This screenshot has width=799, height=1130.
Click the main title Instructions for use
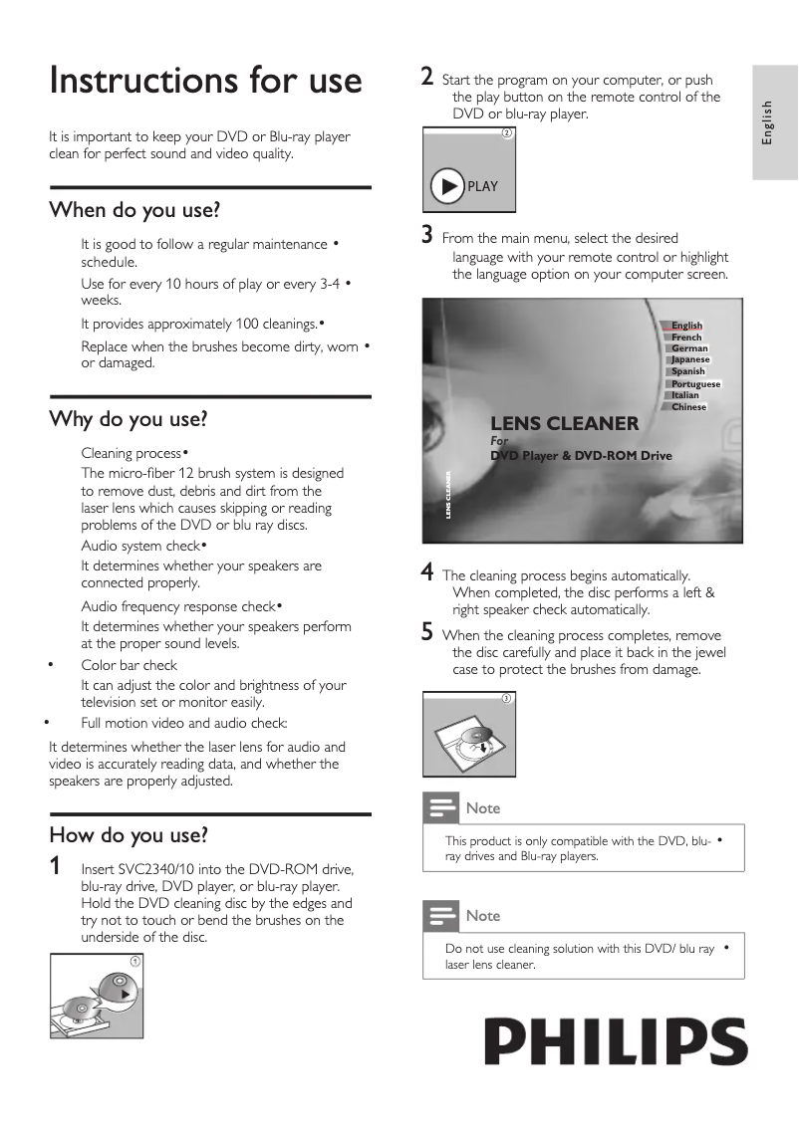(205, 80)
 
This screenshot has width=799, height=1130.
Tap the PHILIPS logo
(616, 1042)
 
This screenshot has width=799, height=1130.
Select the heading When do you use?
(134, 210)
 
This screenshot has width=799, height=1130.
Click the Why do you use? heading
(129, 419)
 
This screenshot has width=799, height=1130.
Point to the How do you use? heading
(129, 834)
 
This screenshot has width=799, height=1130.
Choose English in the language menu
(686, 326)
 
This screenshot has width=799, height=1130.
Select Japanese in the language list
(690, 359)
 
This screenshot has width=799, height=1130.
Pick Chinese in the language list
(688, 406)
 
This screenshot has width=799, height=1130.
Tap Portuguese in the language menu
(695, 383)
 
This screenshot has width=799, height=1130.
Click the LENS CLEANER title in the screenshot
(564, 423)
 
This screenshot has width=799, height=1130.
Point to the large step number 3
(427, 236)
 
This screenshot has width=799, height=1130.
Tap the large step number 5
(427, 632)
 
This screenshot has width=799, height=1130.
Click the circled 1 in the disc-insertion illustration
(134, 960)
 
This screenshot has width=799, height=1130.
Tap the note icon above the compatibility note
(438, 807)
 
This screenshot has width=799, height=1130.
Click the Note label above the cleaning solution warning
(483, 915)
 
